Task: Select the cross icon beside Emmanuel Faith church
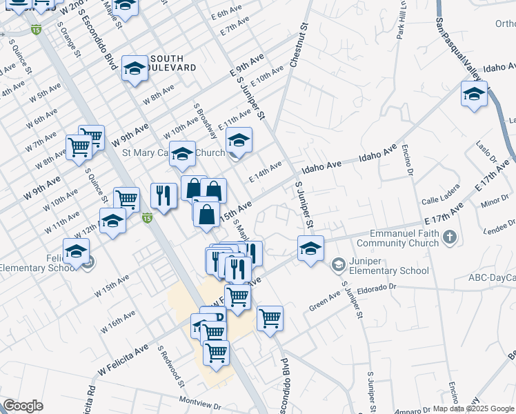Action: tap(449, 238)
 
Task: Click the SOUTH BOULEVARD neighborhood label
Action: tap(172, 62)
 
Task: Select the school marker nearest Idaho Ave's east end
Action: tap(474, 95)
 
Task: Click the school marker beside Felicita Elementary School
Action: tap(76, 252)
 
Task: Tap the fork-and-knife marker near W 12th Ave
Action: tap(163, 196)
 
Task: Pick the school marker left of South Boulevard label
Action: tap(135, 69)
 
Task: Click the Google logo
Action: tap(23, 406)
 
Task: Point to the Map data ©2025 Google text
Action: tap(473, 408)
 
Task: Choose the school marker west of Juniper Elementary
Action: tap(310, 248)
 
